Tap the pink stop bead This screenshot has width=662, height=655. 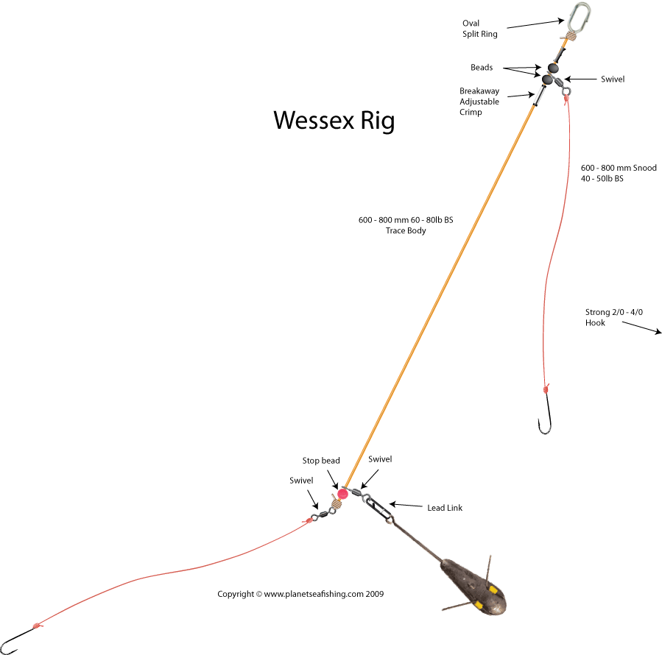pyautogui.click(x=342, y=493)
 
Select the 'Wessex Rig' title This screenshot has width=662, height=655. pyautogui.click(x=334, y=121)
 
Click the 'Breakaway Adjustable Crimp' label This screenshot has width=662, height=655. pyautogui.click(x=479, y=102)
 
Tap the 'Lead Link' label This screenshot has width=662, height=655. pyautogui.click(x=445, y=508)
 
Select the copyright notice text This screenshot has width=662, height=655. pyautogui.click(x=300, y=594)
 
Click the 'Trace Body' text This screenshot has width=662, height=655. pyautogui.click(x=406, y=230)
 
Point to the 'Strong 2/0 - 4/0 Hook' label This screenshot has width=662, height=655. pyautogui.click(x=614, y=317)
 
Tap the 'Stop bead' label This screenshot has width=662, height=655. pyautogui.click(x=321, y=461)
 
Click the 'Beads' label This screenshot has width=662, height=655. pyautogui.click(x=482, y=68)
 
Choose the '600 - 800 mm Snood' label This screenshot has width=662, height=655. pyautogui.click(x=619, y=168)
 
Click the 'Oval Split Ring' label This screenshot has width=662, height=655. pyautogui.click(x=479, y=29)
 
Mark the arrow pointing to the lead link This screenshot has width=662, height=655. pyautogui.click(x=405, y=505)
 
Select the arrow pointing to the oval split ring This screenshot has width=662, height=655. pyautogui.click(x=535, y=24)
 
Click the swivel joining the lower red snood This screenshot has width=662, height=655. pyautogui.click(x=323, y=514)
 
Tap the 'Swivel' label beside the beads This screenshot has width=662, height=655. pyautogui.click(x=613, y=79)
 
